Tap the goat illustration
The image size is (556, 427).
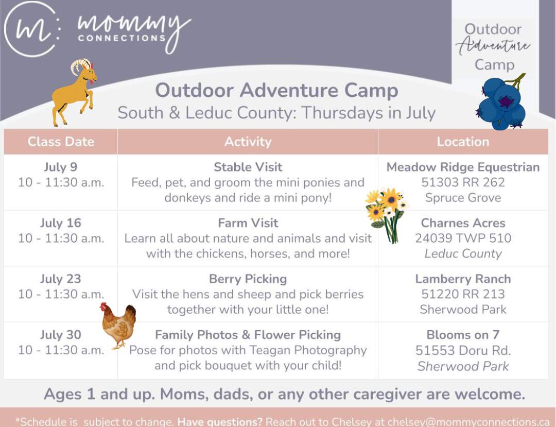click(74, 92)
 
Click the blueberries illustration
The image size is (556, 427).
click(501, 102)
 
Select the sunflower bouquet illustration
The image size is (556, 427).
click(387, 215)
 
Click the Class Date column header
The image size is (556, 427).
click(61, 142)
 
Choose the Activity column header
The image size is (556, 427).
click(248, 142)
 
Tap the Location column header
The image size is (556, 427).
click(463, 142)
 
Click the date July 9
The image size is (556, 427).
click(61, 167)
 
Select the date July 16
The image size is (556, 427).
click(61, 223)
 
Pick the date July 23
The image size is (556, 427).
click(61, 279)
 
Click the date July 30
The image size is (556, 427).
click(61, 334)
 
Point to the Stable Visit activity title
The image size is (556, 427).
click(248, 167)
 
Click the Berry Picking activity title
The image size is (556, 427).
click(248, 279)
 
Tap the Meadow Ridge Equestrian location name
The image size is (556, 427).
click(463, 167)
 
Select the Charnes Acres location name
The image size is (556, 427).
click(463, 223)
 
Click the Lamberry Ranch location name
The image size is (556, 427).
click(463, 279)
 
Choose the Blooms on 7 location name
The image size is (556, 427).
click(463, 334)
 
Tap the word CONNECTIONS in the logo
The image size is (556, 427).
click(122, 38)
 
